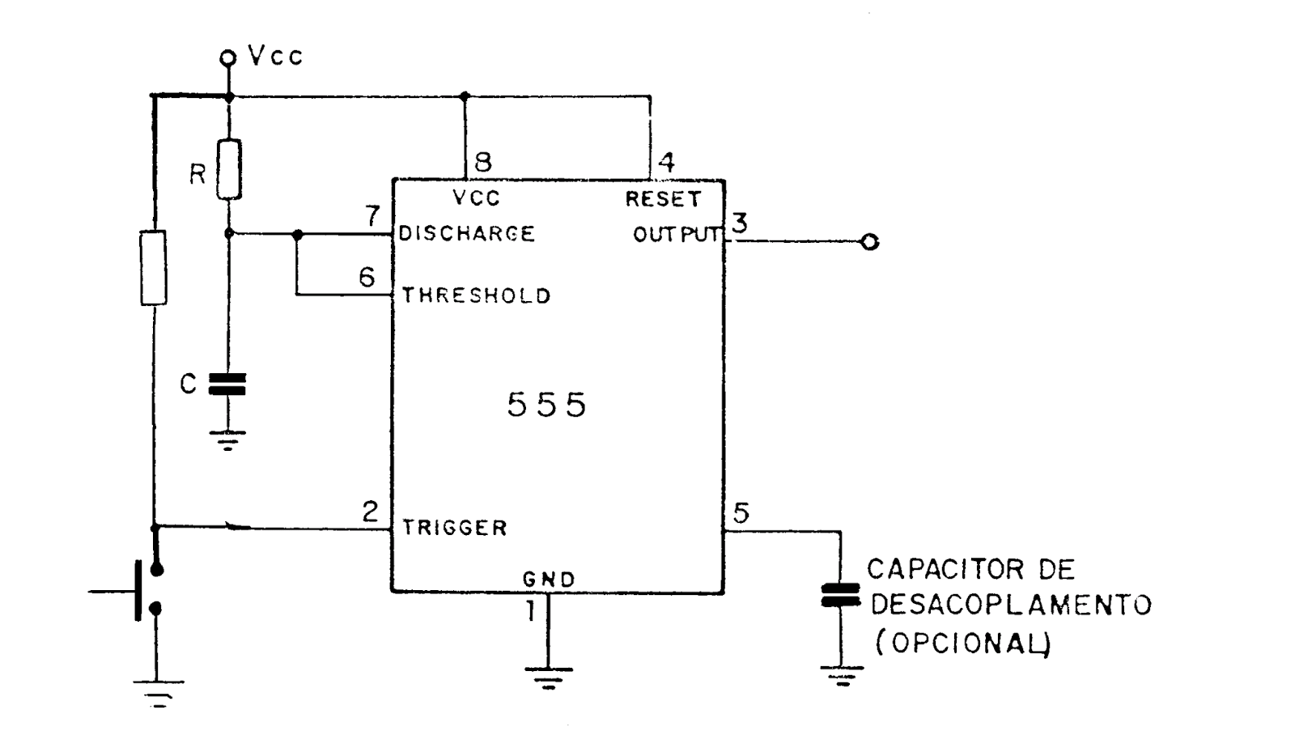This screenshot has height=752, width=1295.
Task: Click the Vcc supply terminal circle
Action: click(x=228, y=57)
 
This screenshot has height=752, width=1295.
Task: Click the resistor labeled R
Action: click(x=229, y=169)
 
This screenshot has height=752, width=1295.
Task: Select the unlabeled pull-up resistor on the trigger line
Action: click(x=154, y=267)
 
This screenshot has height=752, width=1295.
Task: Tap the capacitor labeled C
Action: click(x=227, y=384)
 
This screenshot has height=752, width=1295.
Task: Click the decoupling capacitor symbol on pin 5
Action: click(x=840, y=595)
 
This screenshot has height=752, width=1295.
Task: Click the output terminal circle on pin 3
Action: click(x=870, y=242)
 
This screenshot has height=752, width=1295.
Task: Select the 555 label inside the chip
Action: click(x=546, y=405)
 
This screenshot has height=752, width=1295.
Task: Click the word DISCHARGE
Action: click(x=467, y=234)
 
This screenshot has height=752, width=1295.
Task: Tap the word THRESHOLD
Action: click(x=476, y=295)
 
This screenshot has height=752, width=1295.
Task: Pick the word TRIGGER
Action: click(x=455, y=528)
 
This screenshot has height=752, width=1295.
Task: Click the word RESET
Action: click(x=663, y=199)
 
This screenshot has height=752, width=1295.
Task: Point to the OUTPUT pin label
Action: click(x=676, y=235)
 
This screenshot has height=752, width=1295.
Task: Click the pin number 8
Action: click(x=482, y=162)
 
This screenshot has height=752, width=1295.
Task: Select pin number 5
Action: click(x=741, y=512)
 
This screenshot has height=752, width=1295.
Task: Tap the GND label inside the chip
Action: click(x=548, y=580)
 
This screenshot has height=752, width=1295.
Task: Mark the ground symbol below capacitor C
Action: click(x=227, y=440)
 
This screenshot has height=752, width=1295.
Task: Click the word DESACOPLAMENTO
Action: click(x=1010, y=605)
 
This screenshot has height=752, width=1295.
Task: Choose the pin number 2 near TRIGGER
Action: click(x=370, y=512)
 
